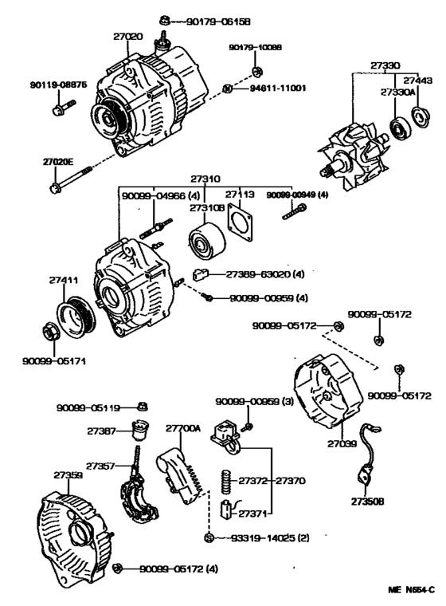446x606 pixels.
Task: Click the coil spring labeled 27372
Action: (225, 481)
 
